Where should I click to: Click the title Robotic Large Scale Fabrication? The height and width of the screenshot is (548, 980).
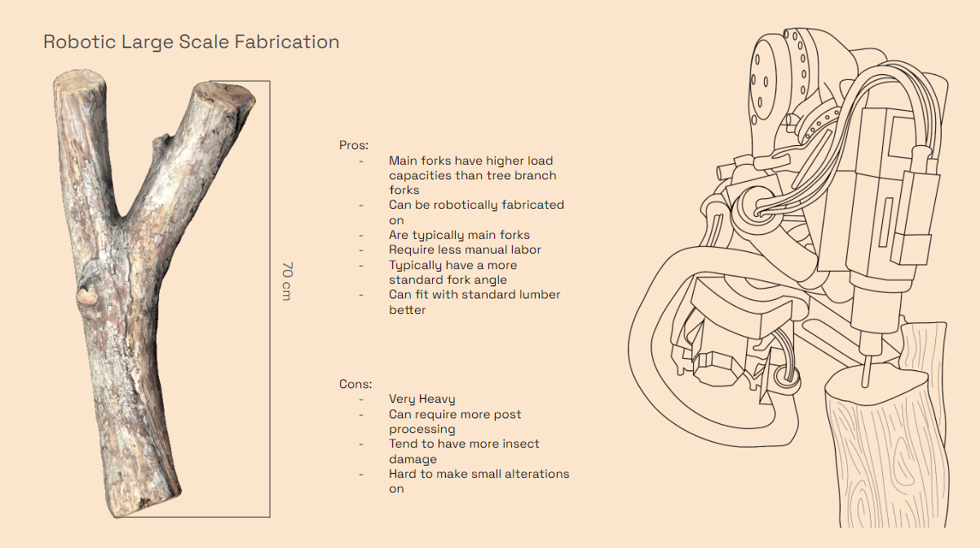pos(191,42)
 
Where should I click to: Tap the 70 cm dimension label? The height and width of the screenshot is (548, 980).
pos(287,281)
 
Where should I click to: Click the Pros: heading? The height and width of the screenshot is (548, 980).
pos(354,145)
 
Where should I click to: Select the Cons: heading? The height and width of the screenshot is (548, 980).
pos(355,384)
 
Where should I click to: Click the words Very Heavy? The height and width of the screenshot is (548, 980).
pos(422,400)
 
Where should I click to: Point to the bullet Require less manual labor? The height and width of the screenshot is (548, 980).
pos(465,250)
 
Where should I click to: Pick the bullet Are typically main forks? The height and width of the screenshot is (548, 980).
pos(459,235)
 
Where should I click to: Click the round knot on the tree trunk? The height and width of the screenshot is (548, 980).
pos(87,294)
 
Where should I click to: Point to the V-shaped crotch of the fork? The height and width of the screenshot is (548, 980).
pos(123,214)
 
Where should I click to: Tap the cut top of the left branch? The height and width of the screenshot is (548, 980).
pos(79,80)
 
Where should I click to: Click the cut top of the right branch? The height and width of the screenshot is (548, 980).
pos(224,93)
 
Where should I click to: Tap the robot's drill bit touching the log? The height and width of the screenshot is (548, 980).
pos(866,371)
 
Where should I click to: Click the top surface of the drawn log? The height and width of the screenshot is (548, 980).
pos(875,386)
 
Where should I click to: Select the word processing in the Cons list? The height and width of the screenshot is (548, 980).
pos(422,430)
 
